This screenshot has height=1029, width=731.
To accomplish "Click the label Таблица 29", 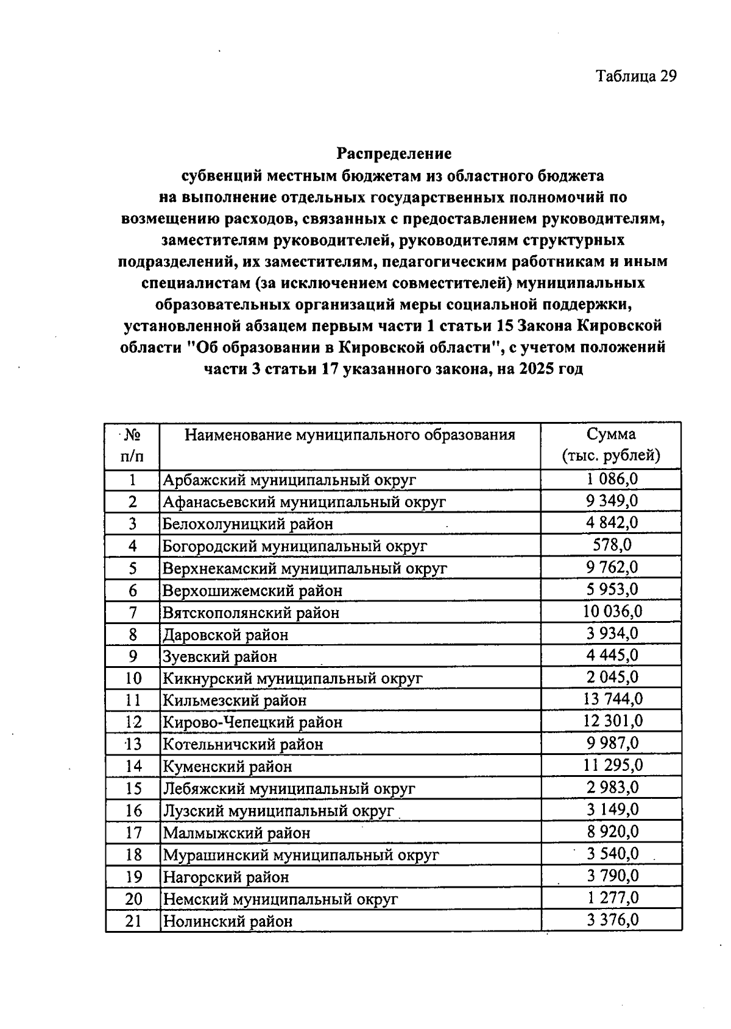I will pyautogui.click(x=636, y=76).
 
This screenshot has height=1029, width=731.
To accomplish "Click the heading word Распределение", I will pyautogui.click(x=394, y=152).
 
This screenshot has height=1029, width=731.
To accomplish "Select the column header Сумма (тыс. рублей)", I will pyautogui.click(x=611, y=445).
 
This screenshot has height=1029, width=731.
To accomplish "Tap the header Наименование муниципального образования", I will pyautogui.click(x=350, y=435).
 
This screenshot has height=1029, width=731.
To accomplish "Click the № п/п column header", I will pyautogui.click(x=132, y=445).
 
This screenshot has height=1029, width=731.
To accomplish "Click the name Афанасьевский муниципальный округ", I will pyautogui.click(x=304, y=502).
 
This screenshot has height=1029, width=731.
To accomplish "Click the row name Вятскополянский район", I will pyautogui.click(x=251, y=613).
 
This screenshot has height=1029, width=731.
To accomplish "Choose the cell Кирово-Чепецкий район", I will pyautogui.click(x=252, y=723).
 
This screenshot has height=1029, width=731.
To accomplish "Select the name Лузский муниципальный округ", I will pyautogui.click(x=278, y=811).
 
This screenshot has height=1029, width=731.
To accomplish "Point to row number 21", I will pyautogui.click(x=133, y=921).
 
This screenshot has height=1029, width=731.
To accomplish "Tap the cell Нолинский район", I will pyautogui.click(x=227, y=921).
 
